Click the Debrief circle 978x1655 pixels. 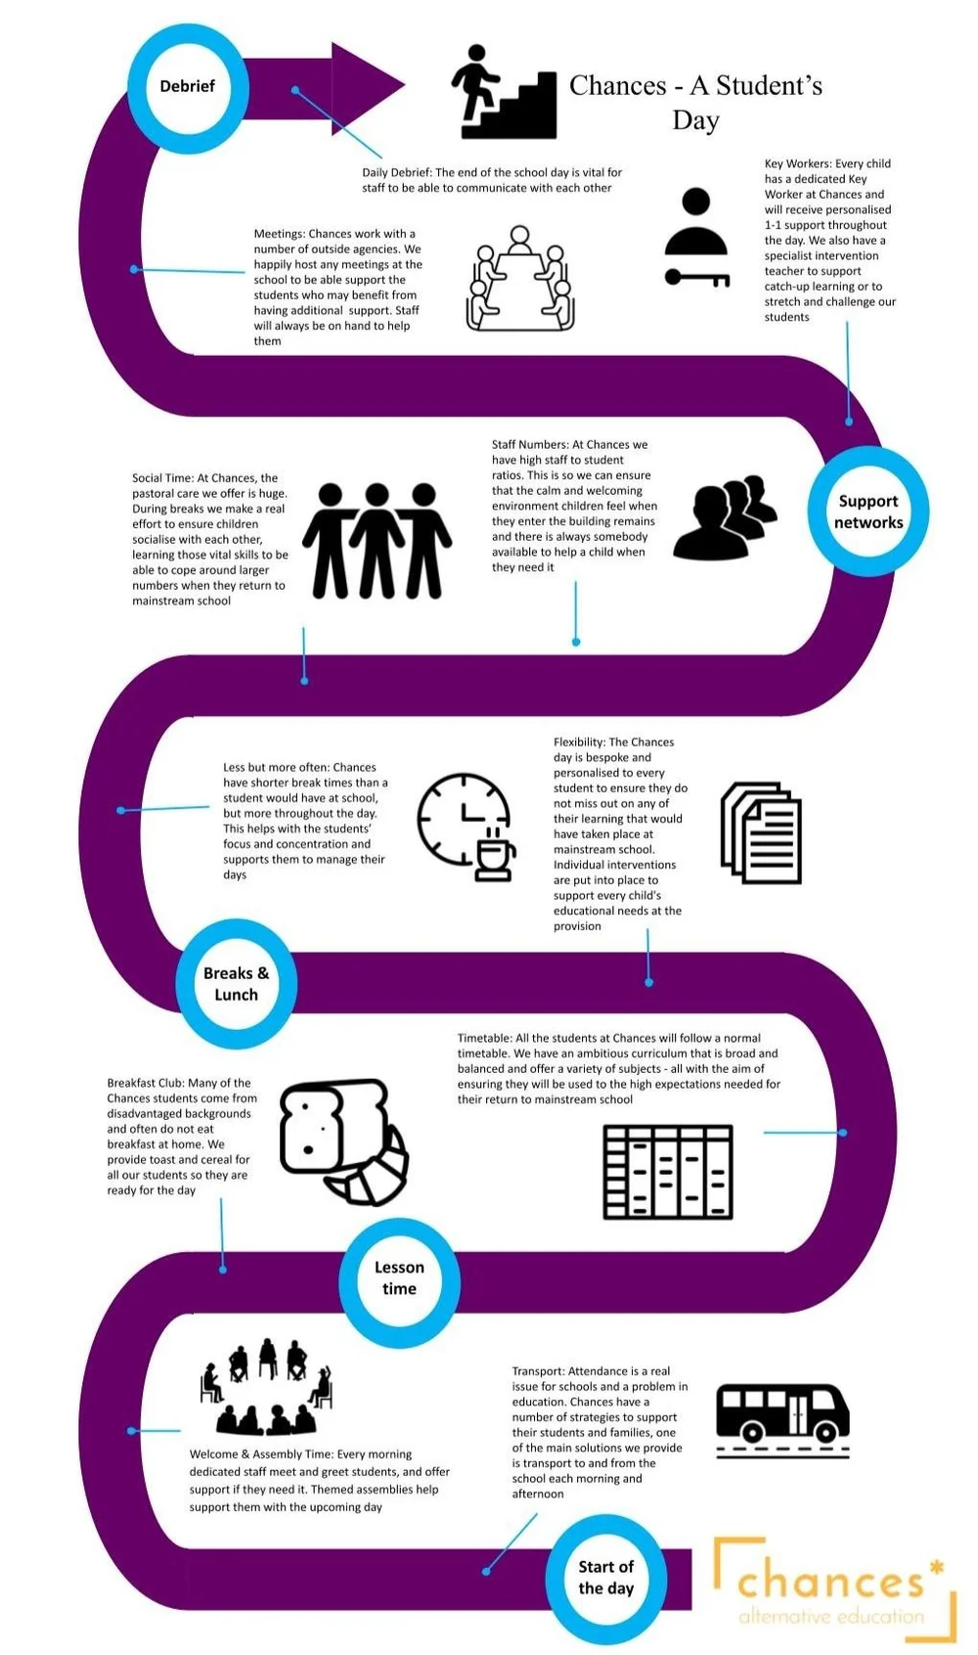(x=188, y=87)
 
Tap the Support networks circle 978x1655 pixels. (x=867, y=511)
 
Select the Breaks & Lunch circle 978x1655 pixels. (x=236, y=983)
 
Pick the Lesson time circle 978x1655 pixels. (x=399, y=1277)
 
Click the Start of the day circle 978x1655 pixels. (x=605, y=1577)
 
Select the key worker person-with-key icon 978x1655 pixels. (x=696, y=238)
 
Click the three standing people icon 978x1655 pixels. (x=377, y=541)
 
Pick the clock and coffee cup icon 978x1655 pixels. (x=466, y=827)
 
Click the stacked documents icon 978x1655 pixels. (x=761, y=832)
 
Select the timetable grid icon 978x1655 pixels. (x=668, y=1172)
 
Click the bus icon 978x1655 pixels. (x=782, y=1415)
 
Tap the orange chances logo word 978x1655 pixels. (x=829, y=1581)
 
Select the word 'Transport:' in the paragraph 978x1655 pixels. (x=538, y=1371)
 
